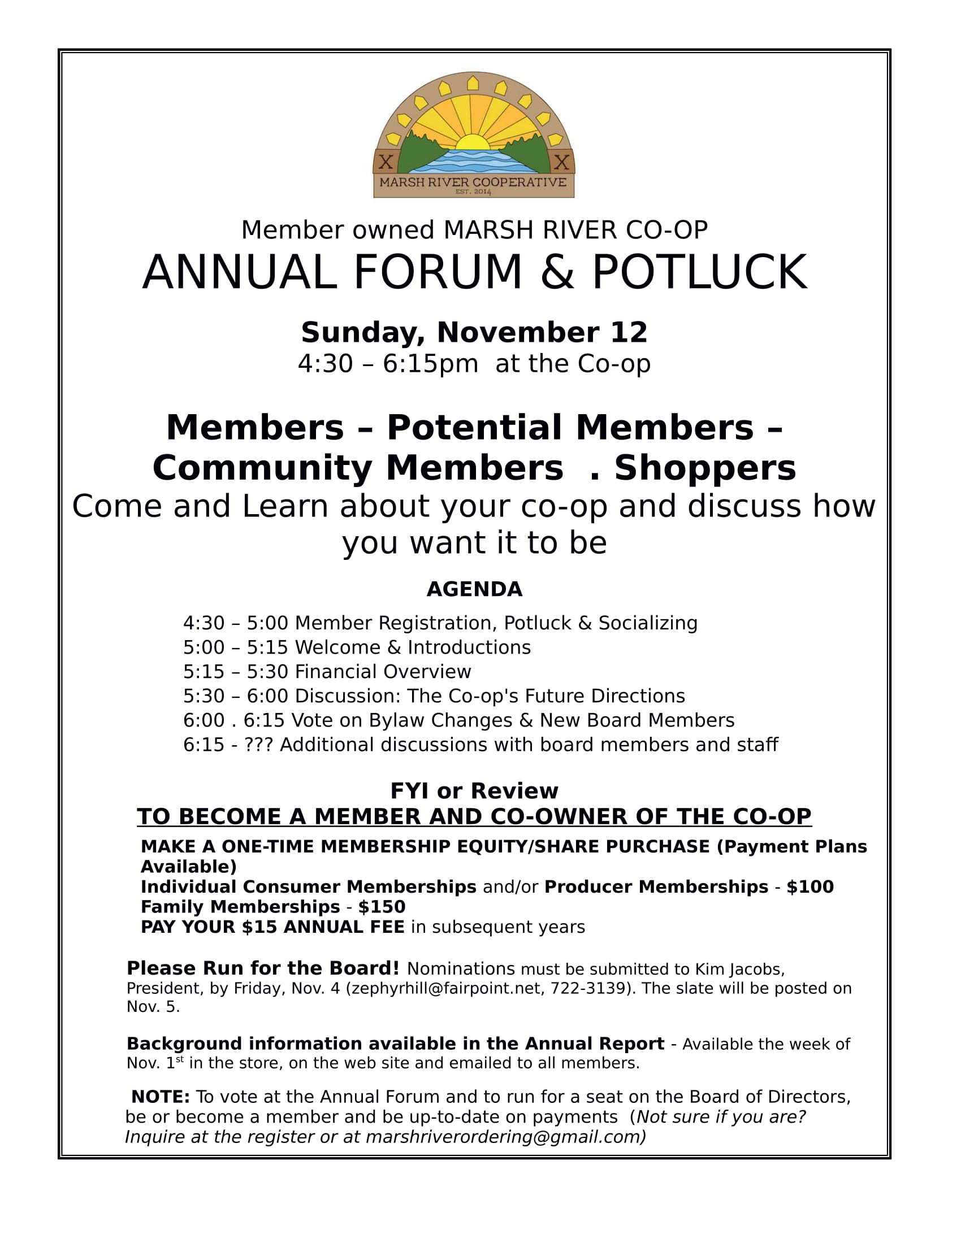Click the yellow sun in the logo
[x=473, y=142]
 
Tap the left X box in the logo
[x=386, y=162]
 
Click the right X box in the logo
[x=562, y=162]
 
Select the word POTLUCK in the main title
[x=700, y=273]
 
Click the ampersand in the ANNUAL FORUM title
[x=558, y=273]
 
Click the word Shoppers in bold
[x=705, y=468]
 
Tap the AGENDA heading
[x=474, y=589]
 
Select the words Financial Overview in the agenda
[x=383, y=672]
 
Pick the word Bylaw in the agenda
[x=396, y=720]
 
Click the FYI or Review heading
[x=474, y=791]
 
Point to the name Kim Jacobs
[x=739, y=969]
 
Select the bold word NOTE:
[x=161, y=1097]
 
